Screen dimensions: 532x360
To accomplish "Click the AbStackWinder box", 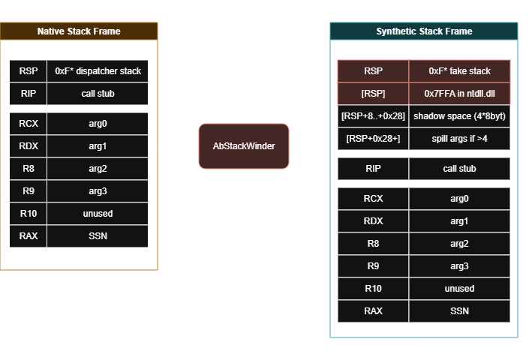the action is click(x=244, y=146).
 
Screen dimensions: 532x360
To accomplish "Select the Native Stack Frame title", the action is click(x=79, y=31).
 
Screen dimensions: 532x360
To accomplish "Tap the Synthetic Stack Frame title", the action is click(x=424, y=31).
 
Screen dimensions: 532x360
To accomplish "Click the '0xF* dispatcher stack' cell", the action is click(x=98, y=71).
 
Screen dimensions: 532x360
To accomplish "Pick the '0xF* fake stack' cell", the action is click(x=459, y=71).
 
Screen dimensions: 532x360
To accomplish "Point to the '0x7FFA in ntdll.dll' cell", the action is click(x=459, y=94).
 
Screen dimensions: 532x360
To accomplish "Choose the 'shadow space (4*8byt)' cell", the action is click(x=459, y=116).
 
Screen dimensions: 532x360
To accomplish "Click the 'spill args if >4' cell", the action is click(x=459, y=139).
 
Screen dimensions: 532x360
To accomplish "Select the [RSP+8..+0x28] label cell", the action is click(x=373, y=116).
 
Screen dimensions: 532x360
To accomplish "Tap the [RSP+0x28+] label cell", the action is click(x=373, y=139).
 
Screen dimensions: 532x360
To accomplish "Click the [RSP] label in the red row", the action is click(x=373, y=94).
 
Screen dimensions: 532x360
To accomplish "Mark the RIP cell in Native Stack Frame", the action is click(x=29, y=94).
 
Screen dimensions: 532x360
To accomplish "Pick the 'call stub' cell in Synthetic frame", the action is click(x=459, y=169).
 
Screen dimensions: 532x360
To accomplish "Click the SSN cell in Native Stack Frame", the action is click(x=98, y=236).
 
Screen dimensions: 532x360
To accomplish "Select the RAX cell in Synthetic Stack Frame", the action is click(x=373, y=311).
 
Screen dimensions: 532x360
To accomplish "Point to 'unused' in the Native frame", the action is click(x=98, y=214).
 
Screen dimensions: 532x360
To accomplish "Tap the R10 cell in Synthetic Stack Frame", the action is click(x=373, y=289).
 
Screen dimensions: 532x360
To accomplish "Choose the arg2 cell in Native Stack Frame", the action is click(x=98, y=169).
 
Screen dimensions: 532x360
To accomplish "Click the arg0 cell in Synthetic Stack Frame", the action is click(x=459, y=199).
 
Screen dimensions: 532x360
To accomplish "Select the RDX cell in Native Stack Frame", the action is click(x=29, y=146).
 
